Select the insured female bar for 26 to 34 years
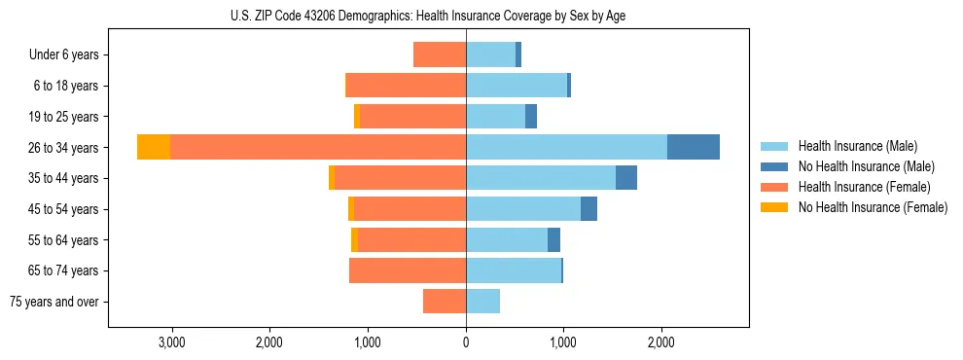click(318, 147)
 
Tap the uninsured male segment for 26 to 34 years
click(693, 147)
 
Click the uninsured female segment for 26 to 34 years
click(154, 147)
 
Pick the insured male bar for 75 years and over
click(482, 302)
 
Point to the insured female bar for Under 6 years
click(440, 54)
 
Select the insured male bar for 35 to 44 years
click(541, 178)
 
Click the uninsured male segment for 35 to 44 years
click(626, 178)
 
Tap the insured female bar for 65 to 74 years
click(408, 270)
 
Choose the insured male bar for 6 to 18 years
click(517, 86)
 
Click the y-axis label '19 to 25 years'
click(65, 117)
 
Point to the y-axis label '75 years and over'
click(54, 302)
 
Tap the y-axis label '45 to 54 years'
click(65, 209)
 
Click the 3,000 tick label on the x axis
click(171, 342)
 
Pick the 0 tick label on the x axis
click(466, 342)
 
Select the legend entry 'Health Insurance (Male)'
click(857, 146)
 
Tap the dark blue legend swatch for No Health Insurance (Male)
click(774, 166)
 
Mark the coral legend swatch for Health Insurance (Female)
click(774, 187)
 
